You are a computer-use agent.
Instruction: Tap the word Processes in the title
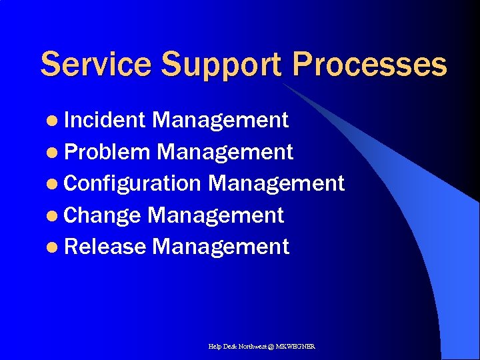point(369,65)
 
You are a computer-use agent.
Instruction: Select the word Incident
point(105,120)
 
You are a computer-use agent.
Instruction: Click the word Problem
point(108,152)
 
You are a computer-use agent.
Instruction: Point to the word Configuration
point(133,183)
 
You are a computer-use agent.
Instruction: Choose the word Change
point(103,215)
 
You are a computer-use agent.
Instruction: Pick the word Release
point(105,247)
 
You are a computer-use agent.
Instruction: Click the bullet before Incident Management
point(53,121)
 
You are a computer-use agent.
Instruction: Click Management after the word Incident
point(220,120)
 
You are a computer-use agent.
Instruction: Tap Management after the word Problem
point(225,152)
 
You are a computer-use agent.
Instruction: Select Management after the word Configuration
point(276,183)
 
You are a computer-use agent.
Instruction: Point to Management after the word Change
point(215,215)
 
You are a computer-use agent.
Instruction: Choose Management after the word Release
point(220,247)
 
